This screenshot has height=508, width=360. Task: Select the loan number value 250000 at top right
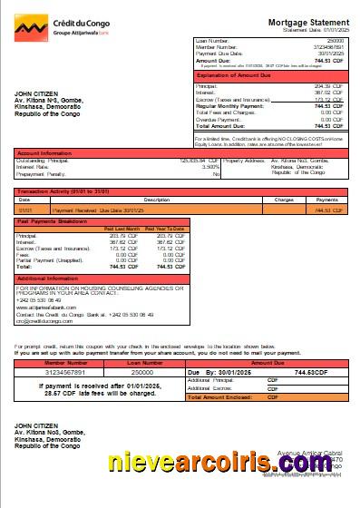pos(336,42)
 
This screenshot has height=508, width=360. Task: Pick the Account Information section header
pos(45,154)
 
